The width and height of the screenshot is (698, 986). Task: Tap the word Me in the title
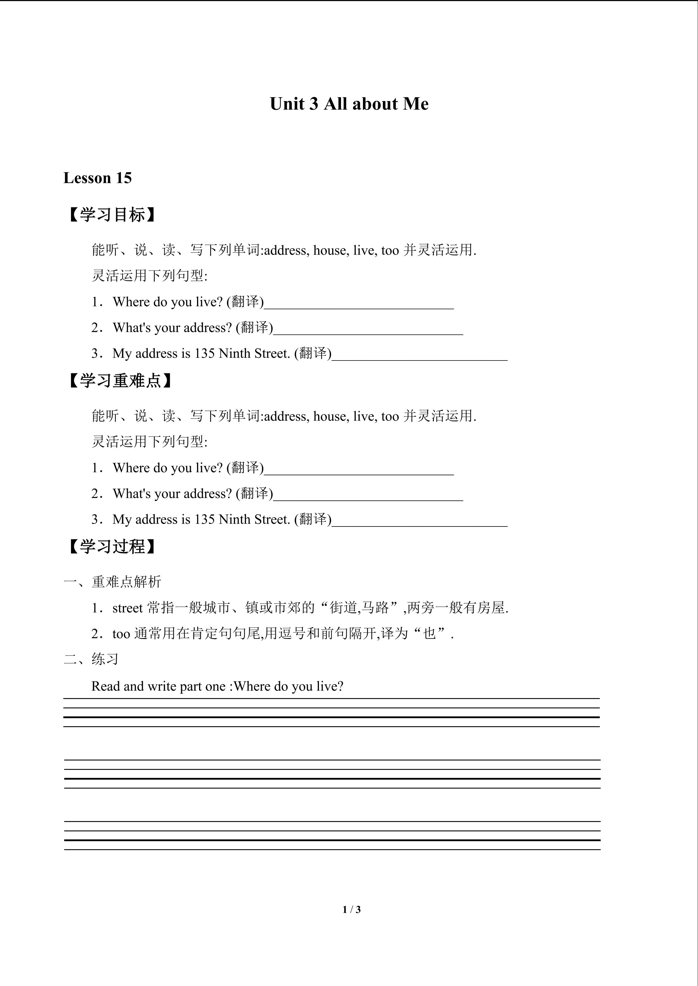click(416, 104)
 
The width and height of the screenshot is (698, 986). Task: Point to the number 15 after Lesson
click(123, 178)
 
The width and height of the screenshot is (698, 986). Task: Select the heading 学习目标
click(113, 215)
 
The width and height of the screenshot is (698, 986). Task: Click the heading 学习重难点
click(121, 380)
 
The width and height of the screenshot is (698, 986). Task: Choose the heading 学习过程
click(113, 547)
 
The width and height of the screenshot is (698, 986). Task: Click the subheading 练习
click(105, 659)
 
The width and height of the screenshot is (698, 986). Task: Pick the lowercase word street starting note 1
click(127, 608)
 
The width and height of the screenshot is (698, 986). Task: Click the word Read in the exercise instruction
click(106, 686)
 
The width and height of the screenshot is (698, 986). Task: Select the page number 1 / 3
click(351, 909)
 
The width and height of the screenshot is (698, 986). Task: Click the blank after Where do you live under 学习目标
click(359, 303)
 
